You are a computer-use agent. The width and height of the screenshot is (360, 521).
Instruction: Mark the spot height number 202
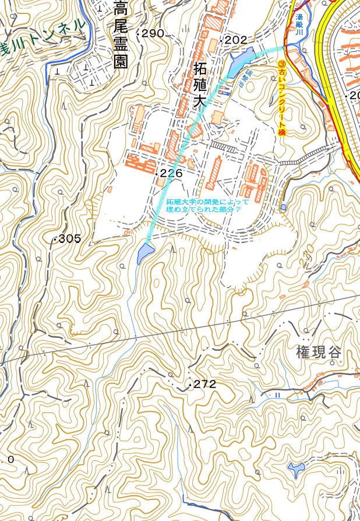click(236, 40)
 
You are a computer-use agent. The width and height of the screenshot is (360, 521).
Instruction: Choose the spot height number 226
click(171, 173)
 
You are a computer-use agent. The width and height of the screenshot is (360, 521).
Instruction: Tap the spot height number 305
click(70, 238)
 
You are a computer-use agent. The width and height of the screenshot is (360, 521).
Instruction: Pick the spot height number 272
click(204, 384)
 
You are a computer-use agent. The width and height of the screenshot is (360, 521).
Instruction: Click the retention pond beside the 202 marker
click(239, 58)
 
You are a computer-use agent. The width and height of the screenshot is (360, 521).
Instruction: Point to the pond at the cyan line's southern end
click(144, 254)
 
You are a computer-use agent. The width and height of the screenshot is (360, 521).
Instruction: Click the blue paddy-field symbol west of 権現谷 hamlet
click(278, 395)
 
